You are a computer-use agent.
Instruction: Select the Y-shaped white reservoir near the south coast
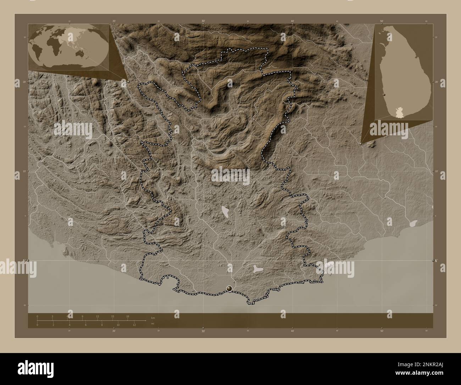tap(258, 269)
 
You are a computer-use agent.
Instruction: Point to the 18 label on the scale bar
tap(128, 316)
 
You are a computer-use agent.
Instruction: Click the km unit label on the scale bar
tap(153, 318)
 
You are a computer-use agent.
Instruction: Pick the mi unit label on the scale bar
tap(152, 324)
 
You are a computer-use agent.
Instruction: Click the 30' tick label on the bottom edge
tap(203, 331)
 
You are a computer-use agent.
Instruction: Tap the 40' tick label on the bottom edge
tap(292, 331)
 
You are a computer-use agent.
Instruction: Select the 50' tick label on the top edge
tap(381, 21)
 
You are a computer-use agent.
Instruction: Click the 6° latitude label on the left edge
tap(24, 261)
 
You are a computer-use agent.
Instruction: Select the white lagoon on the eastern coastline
tap(413, 223)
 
